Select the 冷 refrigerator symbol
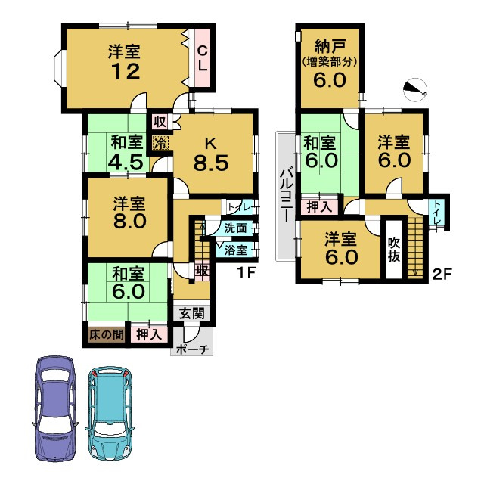coord(160,141)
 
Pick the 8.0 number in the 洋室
coord(126,225)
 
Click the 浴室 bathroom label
coord(235,250)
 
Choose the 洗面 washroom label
coord(235,228)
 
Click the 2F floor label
coord(442,274)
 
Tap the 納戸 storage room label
coord(329,45)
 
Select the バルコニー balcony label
coord(287,196)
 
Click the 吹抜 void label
coord(394,249)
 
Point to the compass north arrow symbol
coord(414,91)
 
